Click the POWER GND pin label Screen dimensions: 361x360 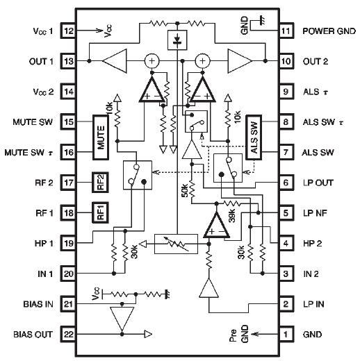(x=328, y=32)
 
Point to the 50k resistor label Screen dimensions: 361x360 (x=186, y=191)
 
